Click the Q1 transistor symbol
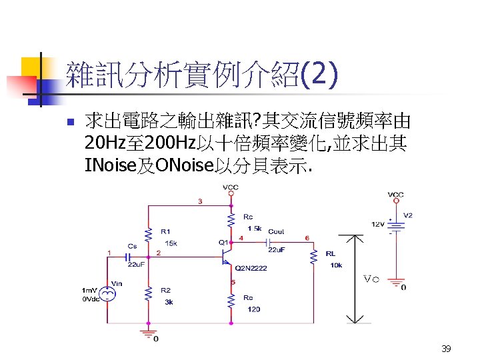227,253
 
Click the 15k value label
171,243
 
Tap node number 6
307,237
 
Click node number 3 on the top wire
201,201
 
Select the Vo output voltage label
371,279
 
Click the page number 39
446,349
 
